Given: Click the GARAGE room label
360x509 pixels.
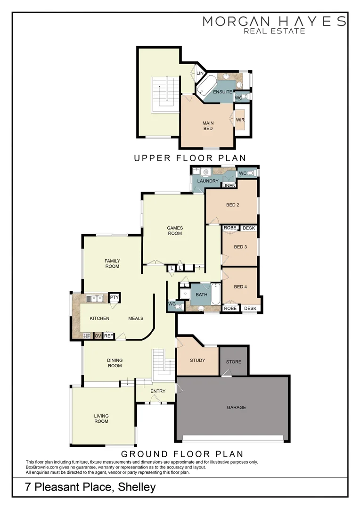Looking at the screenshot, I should [236, 407].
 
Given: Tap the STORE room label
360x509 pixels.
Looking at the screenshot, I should [234, 362].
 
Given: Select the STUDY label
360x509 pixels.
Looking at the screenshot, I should [197, 361].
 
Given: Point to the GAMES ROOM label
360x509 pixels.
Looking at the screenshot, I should [174, 230].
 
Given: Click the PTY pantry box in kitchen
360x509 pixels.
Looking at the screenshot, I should [114, 297].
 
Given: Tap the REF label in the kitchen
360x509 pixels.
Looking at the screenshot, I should [108, 336].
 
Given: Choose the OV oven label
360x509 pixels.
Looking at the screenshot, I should [98, 336].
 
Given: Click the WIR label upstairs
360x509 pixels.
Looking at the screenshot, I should [240, 120].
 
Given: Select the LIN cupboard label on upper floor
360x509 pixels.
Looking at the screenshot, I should [200, 74].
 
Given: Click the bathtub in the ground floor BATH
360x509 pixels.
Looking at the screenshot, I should [216, 295].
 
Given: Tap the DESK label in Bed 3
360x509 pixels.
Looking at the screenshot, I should [249, 228].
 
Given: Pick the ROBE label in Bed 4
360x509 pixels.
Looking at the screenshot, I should [230, 308].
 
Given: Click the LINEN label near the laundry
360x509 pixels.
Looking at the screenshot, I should [229, 185].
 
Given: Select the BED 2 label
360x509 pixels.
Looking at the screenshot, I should [233, 205].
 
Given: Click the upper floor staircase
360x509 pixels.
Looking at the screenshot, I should [165, 94].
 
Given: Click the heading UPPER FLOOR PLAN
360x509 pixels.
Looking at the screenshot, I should [190, 158].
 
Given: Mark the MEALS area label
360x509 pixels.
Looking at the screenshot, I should [136, 318].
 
